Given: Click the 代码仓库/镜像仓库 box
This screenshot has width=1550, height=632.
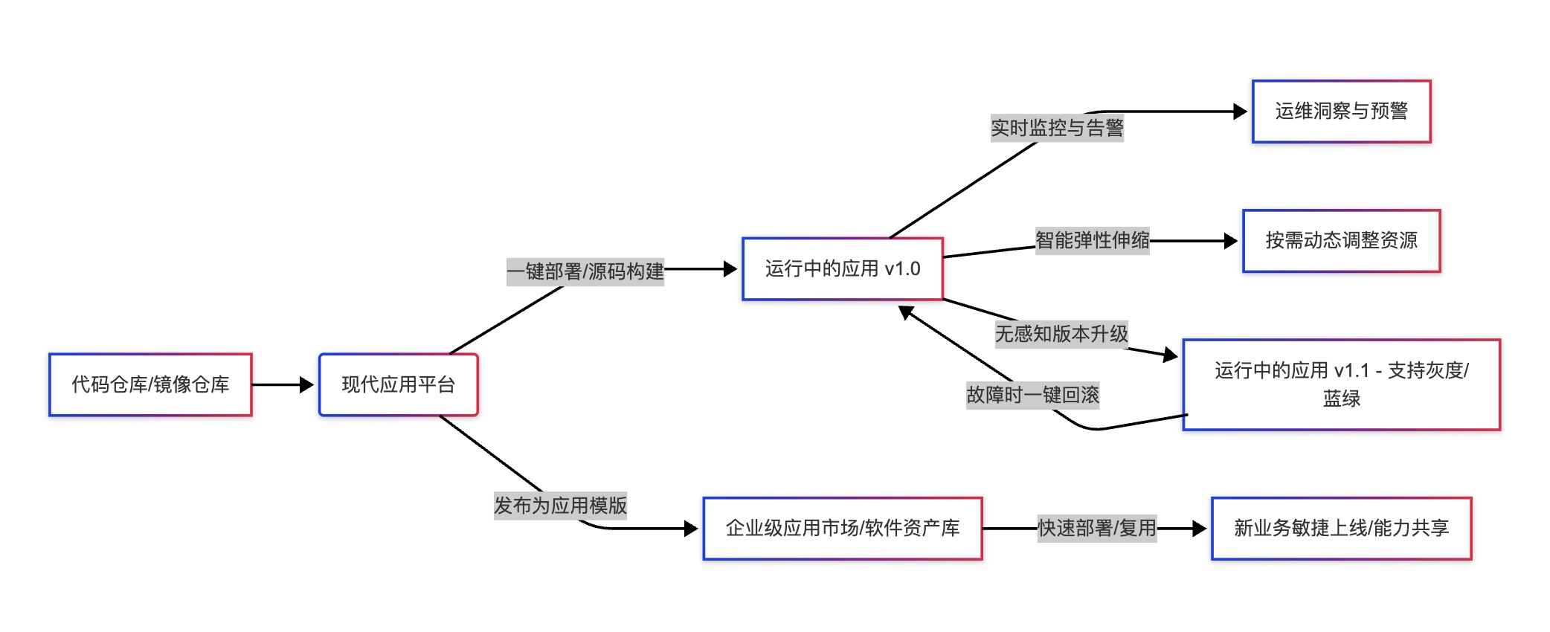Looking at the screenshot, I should (x=150, y=384).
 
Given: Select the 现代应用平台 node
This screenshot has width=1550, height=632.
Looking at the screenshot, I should (x=398, y=384).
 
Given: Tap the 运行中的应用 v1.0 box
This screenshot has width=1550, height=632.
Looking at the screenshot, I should (x=842, y=268).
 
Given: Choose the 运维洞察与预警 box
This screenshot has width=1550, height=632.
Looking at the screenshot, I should (x=1341, y=111).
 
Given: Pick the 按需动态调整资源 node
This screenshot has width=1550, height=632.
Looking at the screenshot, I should (x=1341, y=240).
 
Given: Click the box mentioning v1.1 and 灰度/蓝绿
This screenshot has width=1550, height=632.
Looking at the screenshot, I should (x=1341, y=384).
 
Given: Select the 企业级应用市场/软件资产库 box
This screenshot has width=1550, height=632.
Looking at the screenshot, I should (x=842, y=528).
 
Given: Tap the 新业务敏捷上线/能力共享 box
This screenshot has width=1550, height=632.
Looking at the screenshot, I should (x=1341, y=528).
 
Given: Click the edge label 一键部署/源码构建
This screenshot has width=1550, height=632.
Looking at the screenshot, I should (x=585, y=271).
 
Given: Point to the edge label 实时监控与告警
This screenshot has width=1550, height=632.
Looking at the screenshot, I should (x=1057, y=128).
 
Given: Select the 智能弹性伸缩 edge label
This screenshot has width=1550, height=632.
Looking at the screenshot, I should (x=1092, y=240).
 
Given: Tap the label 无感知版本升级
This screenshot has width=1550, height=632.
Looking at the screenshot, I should (x=1061, y=334).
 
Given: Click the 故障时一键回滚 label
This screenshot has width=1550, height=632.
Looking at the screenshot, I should (x=1032, y=395).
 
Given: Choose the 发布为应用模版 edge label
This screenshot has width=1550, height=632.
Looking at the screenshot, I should (x=560, y=506).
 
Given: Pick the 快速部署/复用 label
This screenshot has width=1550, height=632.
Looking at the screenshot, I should (x=1097, y=528).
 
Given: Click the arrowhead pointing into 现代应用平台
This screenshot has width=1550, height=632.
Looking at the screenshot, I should (x=306, y=384).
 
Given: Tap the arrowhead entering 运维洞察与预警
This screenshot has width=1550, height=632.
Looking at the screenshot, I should (x=1240, y=112).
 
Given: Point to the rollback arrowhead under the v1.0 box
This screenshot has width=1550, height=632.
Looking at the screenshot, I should (x=906, y=312).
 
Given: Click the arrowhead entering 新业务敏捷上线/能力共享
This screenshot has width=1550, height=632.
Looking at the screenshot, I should (x=1199, y=529).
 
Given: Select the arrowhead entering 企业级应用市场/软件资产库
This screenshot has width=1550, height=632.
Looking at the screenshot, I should (x=691, y=529).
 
